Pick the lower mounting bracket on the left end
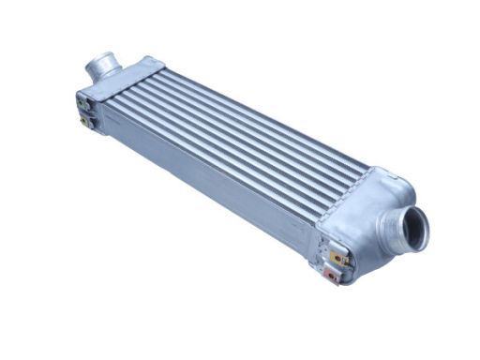pos(85,120)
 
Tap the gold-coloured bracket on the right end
pos(338,255)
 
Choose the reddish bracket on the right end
pos(333,275)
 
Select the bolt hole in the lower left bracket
pos(84,121)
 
